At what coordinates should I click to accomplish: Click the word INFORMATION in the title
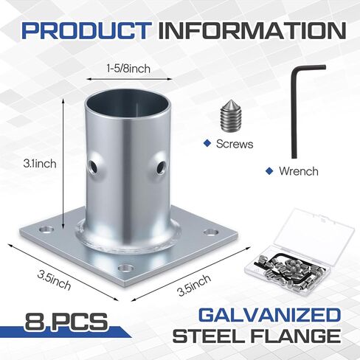point(251,31)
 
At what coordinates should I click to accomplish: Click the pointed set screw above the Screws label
point(231,117)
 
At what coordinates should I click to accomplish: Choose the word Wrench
point(298,171)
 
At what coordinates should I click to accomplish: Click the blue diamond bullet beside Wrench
point(269,170)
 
